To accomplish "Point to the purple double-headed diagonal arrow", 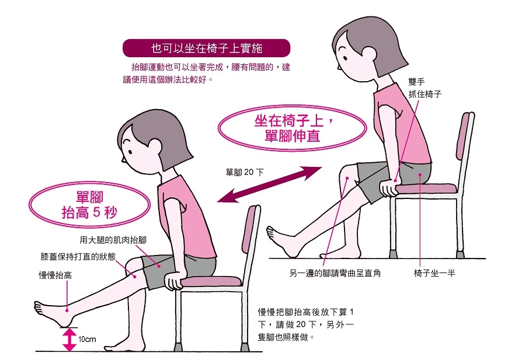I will pyautogui.click(x=269, y=184).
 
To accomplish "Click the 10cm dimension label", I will pyautogui.click(x=87, y=339).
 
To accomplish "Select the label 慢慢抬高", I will pyautogui.click(x=55, y=275).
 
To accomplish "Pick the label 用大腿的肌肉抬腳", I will pyautogui.click(x=113, y=240).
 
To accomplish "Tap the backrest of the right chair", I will pyautogui.click(x=466, y=140).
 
